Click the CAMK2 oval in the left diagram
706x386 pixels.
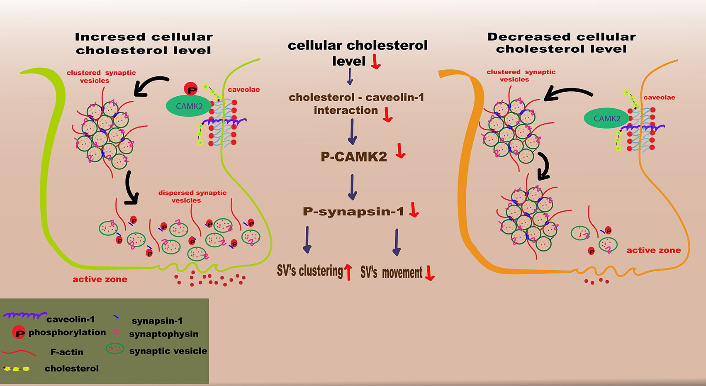(x=189, y=106)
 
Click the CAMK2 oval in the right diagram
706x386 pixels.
(x=606, y=119)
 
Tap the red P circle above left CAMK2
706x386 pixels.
(x=192, y=89)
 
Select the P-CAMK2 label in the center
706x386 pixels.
(x=354, y=156)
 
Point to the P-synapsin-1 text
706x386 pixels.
(x=353, y=211)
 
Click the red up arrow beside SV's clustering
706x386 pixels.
(x=348, y=272)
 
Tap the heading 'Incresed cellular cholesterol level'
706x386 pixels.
(x=144, y=44)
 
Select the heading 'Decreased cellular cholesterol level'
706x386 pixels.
(x=561, y=43)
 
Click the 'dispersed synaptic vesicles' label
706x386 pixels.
(x=192, y=196)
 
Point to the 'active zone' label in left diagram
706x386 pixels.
(x=100, y=279)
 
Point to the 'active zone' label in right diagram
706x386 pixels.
(x=653, y=250)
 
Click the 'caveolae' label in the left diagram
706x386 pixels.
(x=243, y=89)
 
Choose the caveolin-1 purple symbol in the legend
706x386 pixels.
(x=24, y=316)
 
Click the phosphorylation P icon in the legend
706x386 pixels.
(x=19, y=332)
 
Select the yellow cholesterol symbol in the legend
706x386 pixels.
(x=17, y=369)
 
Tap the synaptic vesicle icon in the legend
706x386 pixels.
(x=115, y=349)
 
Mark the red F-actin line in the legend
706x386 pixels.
(x=19, y=352)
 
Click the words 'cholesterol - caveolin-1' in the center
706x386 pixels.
(x=356, y=98)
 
